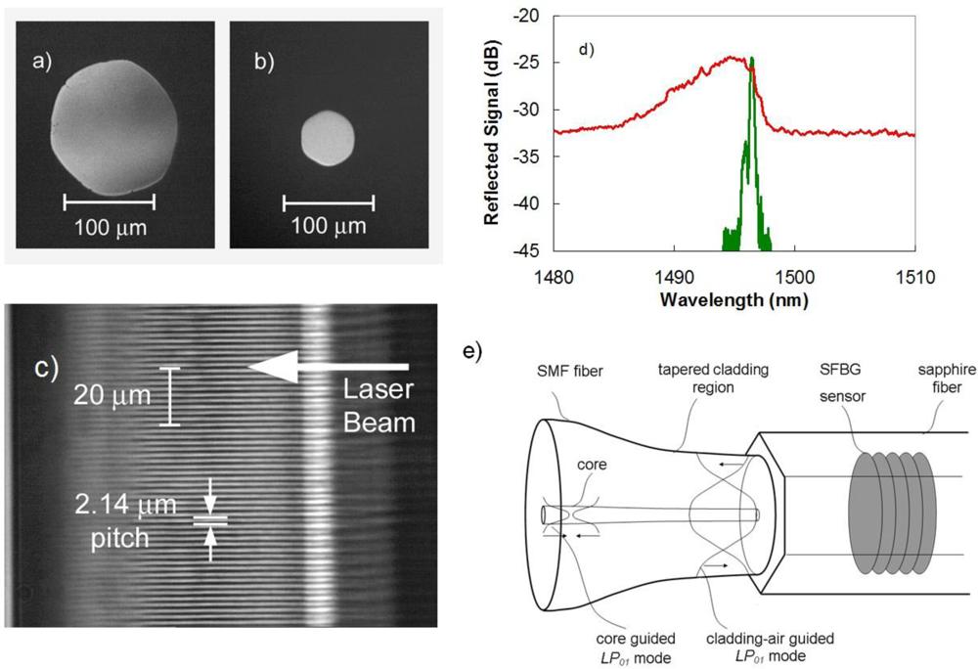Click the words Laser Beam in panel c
pos(381,405)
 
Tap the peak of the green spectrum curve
pos(752,59)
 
